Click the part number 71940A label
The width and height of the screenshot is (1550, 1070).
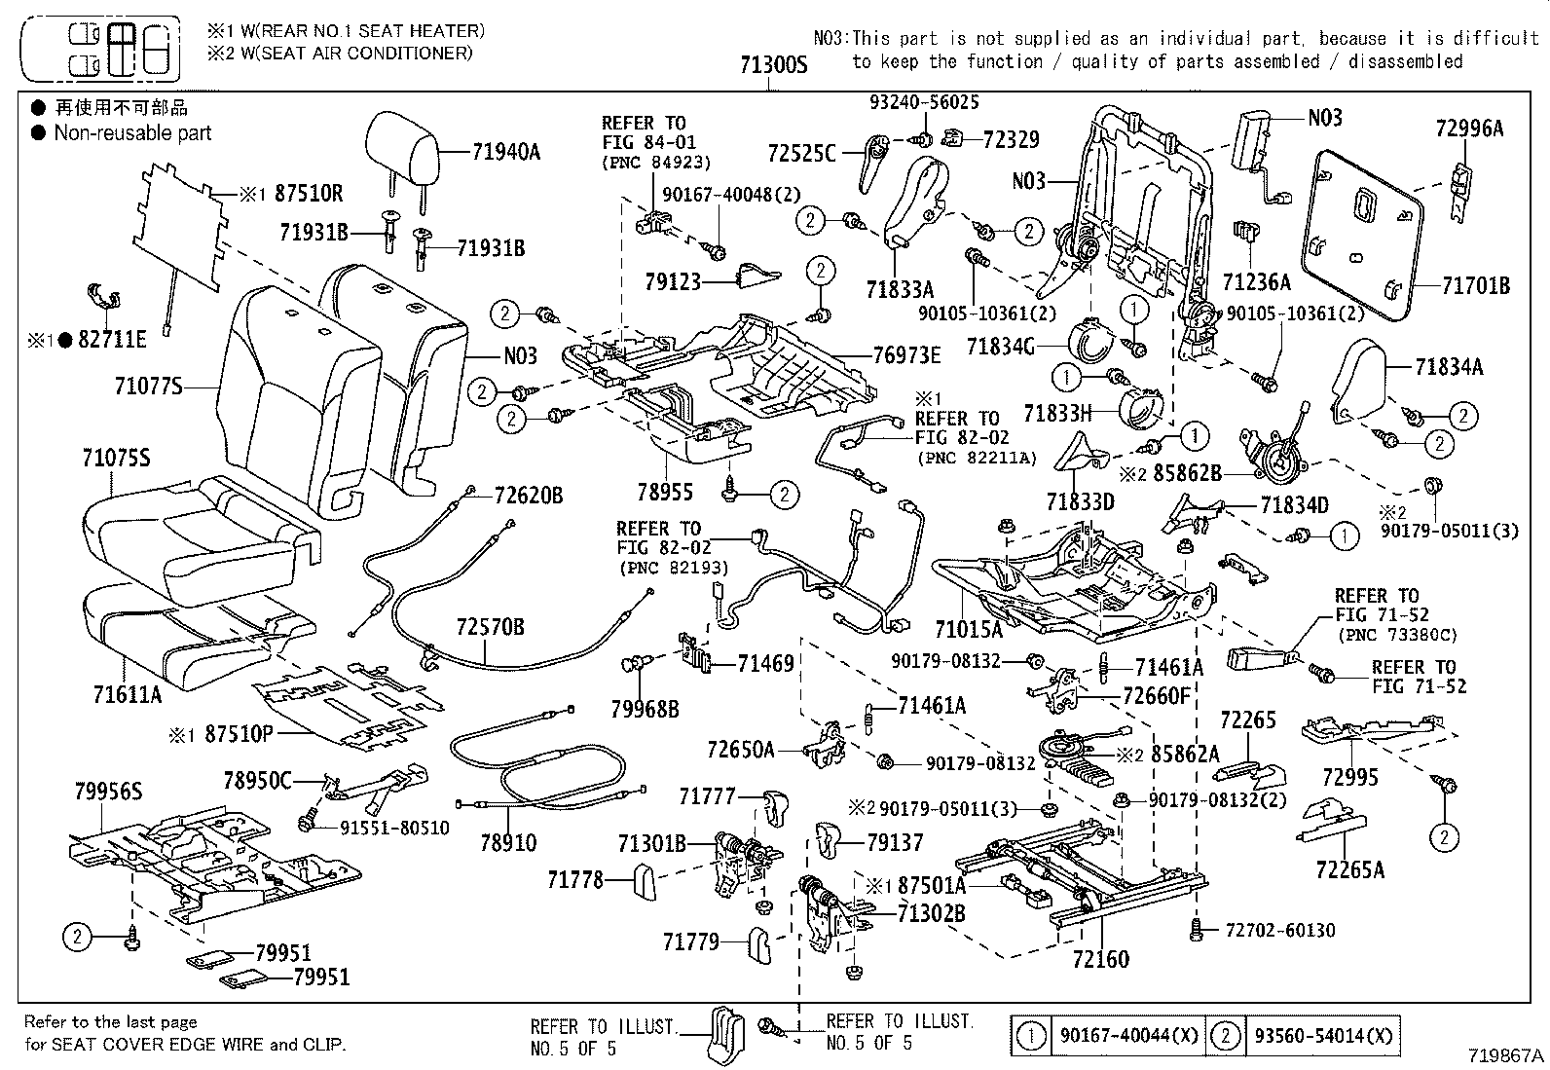(505, 151)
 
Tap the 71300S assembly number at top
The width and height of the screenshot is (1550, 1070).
(773, 65)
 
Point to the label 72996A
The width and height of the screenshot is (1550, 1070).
(1469, 128)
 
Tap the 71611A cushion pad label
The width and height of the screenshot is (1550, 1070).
(128, 694)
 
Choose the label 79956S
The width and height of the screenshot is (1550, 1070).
(108, 792)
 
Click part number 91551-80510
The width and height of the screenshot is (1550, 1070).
(394, 828)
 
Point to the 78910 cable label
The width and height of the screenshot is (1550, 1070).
(508, 842)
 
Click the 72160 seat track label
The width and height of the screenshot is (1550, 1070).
(1100, 960)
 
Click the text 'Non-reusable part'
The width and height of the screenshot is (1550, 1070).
(132, 133)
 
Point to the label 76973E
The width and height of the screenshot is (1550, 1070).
(906, 355)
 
